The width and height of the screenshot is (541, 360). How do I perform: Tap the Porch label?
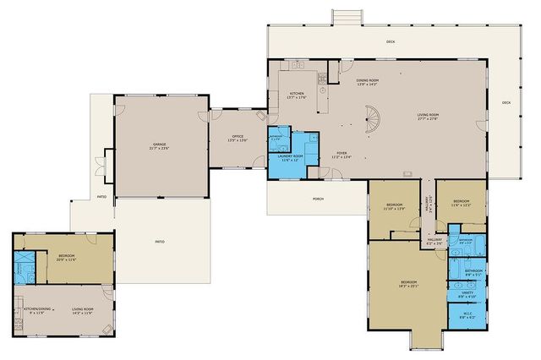coord(318,199)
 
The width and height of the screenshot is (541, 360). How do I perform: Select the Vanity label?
coord(467,297)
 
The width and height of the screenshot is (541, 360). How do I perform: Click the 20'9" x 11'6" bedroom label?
coord(68,257)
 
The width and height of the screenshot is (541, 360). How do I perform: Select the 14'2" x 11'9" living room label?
coord(81,311)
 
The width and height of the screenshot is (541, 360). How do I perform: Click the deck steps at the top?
coord(352,16)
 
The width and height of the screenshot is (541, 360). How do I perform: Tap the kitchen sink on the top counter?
coord(298,66)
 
